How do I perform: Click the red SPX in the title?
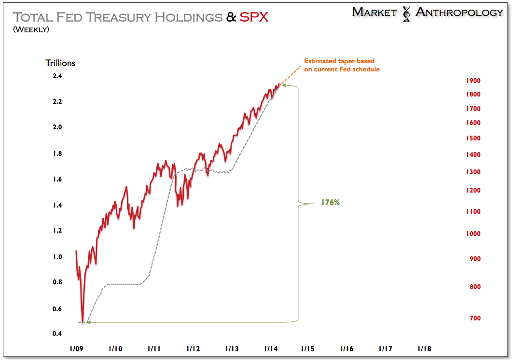click(x=254, y=18)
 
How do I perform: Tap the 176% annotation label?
click(x=331, y=203)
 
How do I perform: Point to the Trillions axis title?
click(x=60, y=63)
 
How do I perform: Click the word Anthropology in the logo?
click(x=459, y=12)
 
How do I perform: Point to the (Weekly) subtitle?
click(x=31, y=30)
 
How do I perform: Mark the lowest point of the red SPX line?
click(x=83, y=321)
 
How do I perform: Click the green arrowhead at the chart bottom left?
click(x=88, y=322)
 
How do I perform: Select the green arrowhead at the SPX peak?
click(x=283, y=85)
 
